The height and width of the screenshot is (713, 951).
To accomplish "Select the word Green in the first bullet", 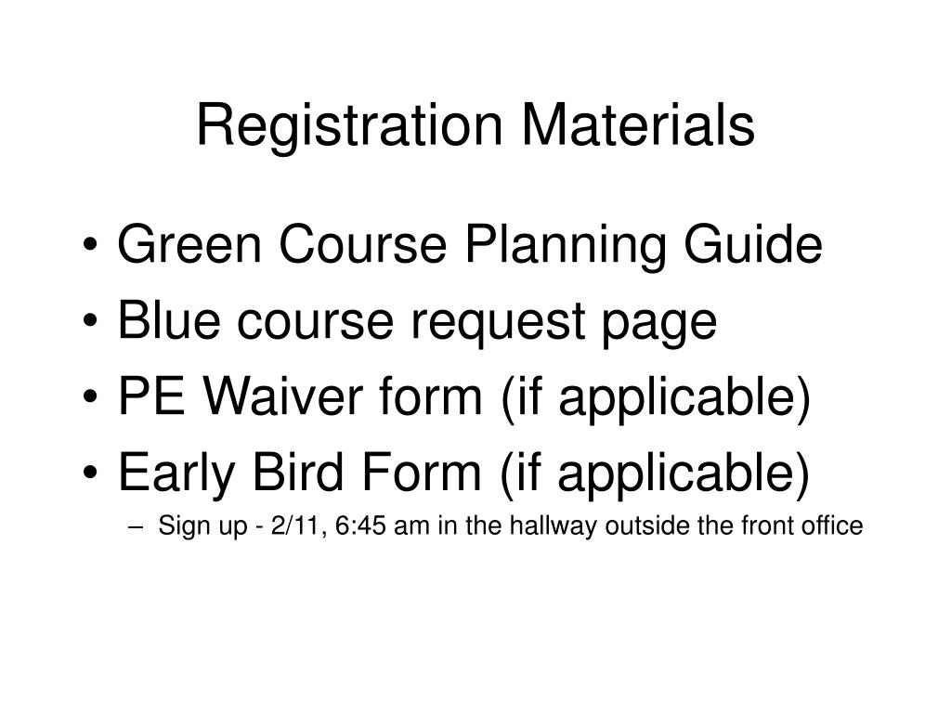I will click(190, 247).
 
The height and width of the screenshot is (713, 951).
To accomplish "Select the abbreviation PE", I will click(151, 398).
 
